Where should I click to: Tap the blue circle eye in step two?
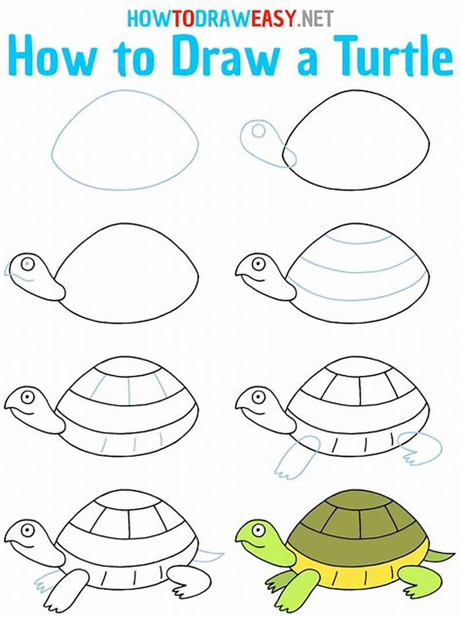(x=258, y=131)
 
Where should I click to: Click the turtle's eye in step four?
(x=258, y=264)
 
